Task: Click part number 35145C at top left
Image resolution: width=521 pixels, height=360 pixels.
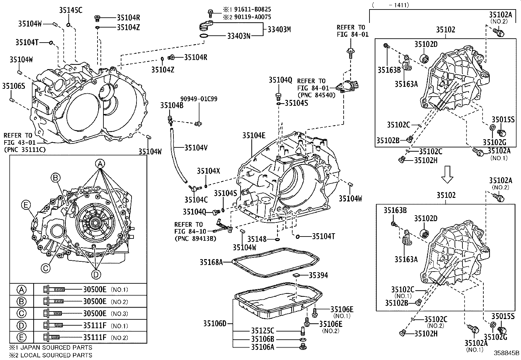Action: tap(70, 10)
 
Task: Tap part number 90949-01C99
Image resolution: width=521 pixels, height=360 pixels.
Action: tap(199, 99)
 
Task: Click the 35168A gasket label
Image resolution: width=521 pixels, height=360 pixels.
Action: tap(211, 262)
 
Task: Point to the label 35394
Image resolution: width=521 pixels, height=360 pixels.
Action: tap(318, 275)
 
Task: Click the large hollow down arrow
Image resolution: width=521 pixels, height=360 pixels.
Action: tap(447, 174)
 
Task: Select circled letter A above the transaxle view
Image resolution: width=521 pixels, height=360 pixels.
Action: tap(100, 163)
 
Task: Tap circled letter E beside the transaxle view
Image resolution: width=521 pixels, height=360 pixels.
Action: tap(26, 205)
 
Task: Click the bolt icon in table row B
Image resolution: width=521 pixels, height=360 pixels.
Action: tap(53, 301)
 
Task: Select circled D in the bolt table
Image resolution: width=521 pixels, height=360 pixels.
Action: tap(21, 326)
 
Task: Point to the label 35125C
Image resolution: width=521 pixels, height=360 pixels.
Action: tap(262, 331)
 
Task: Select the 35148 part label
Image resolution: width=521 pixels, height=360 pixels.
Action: tap(257, 239)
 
